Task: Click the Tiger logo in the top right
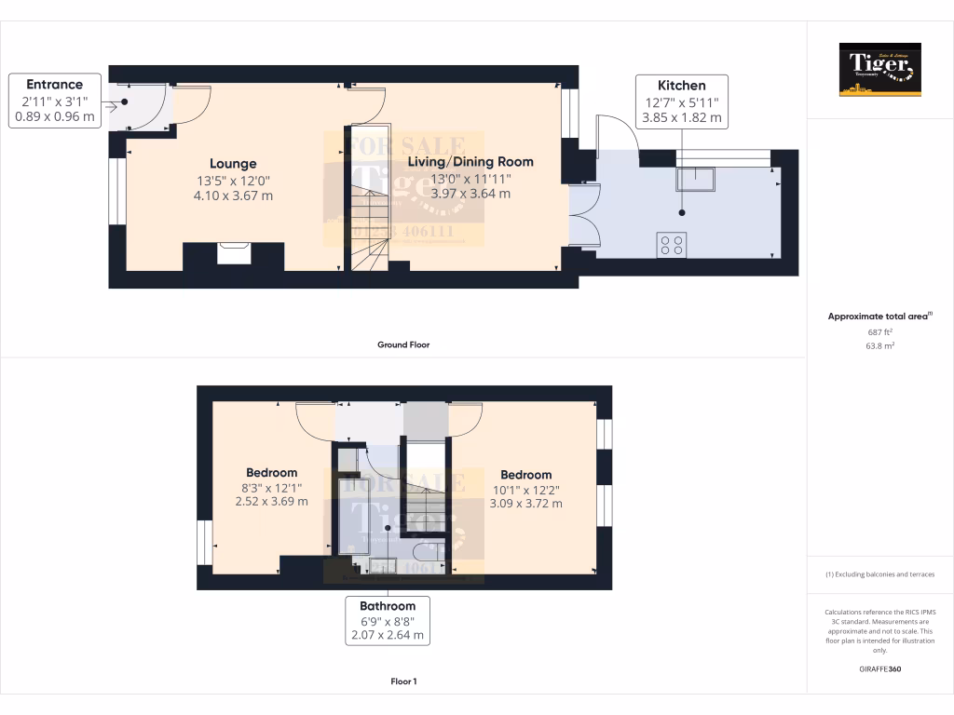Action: click(879, 69)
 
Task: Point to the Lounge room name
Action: click(233, 164)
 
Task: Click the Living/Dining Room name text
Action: click(470, 162)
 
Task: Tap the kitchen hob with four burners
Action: click(671, 245)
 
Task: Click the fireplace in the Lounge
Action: click(233, 253)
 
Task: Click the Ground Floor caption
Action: click(402, 344)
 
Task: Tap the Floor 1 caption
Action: click(402, 681)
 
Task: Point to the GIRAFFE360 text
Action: click(879, 669)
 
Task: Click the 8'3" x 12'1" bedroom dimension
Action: click(271, 487)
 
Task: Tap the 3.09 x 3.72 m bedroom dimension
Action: click(525, 504)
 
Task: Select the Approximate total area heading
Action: click(878, 317)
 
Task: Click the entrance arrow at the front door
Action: click(112, 106)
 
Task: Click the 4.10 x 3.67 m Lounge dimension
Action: click(233, 196)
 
